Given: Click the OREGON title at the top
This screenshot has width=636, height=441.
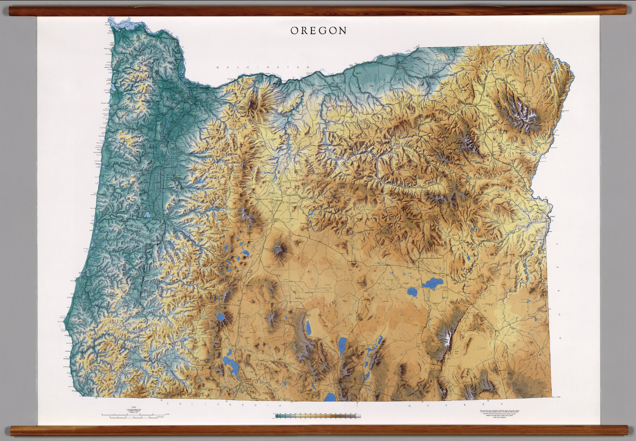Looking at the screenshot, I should [x=318, y=31].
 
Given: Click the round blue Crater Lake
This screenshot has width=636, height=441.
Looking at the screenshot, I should [x=222, y=318].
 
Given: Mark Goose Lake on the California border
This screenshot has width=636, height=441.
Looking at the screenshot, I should [x=330, y=397].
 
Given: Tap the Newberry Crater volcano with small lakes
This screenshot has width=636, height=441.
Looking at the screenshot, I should [x=277, y=250].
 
